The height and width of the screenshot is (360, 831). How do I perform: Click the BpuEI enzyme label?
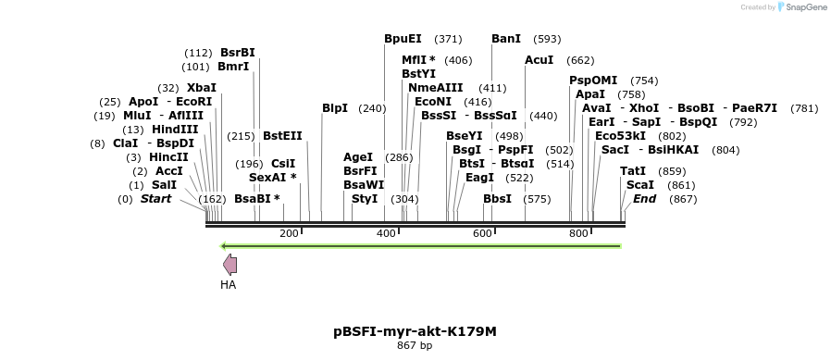(x=403, y=39)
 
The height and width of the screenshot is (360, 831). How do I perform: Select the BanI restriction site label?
(x=506, y=39)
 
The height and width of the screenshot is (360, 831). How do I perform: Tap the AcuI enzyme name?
(x=539, y=60)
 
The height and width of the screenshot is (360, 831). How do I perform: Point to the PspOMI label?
(x=593, y=81)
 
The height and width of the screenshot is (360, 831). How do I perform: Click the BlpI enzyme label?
(x=335, y=108)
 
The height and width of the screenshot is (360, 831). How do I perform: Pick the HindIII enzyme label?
(x=175, y=130)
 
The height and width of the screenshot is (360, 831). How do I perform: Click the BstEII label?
(x=282, y=136)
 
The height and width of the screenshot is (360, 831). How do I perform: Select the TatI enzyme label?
(x=633, y=171)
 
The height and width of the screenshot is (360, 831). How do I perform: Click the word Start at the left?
(x=155, y=199)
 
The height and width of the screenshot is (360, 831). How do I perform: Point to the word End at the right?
(x=644, y=199)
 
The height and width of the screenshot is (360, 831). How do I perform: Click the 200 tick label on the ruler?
(x=289, y=233)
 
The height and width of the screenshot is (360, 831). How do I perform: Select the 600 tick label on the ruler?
(x=482, y=233)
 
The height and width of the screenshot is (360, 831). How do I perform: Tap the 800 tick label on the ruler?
(x=578, y=233)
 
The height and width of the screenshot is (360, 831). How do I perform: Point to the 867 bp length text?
(x=415, y=345)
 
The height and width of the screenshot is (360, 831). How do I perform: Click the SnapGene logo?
(x=801, y=7)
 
